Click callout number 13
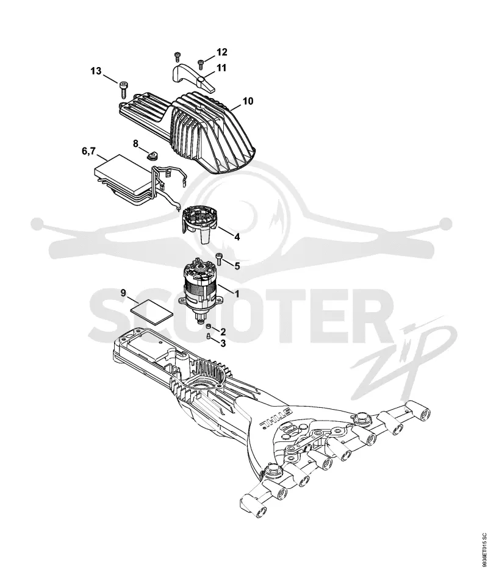point(96,71)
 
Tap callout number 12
point(222,52)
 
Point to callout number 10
point(248,101)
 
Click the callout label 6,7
point(88,151)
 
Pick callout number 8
point(135,144)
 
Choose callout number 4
point(237,237)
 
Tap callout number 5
point(237,266)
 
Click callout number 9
point(123,293)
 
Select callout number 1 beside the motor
point(237,293)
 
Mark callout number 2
point(223,331)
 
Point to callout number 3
point(223,343)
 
